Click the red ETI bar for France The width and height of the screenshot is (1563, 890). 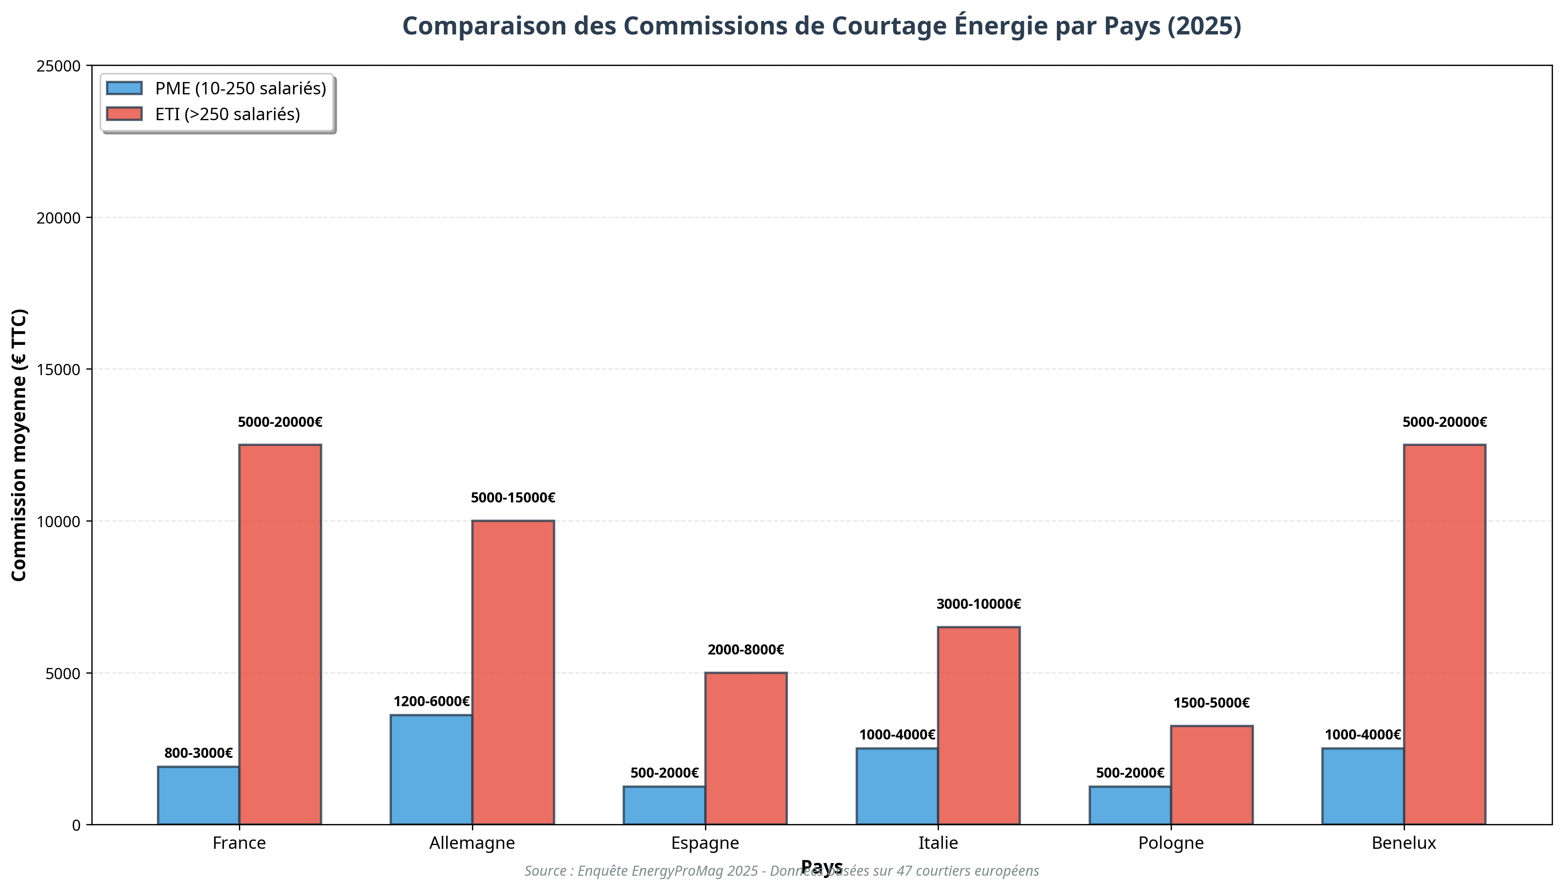(280, 635)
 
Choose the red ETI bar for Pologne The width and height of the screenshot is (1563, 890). (1211, 775)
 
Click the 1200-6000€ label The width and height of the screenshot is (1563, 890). (431, 702)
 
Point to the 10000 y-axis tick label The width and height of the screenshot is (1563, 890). (59, 522)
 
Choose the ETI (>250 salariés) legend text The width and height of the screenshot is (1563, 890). (227, 114)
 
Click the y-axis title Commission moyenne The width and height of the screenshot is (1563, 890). (19, 445)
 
